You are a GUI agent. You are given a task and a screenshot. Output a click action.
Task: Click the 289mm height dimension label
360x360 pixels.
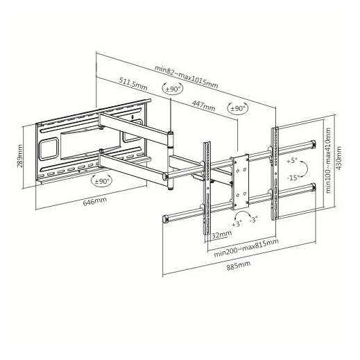tap(20, 156)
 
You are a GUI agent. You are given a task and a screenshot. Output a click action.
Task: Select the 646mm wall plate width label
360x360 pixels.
tap(95, 201)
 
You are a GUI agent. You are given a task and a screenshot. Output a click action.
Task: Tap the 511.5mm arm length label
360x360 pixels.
tap(133, 83)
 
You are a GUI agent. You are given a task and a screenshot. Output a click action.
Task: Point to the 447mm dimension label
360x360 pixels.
tap(203, 105)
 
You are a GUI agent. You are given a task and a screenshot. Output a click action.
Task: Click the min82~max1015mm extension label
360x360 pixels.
tap(187, 77)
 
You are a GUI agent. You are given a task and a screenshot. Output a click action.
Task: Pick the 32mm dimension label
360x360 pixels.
tap(222, 234)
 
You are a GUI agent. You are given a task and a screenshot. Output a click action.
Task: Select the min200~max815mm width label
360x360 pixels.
tap(246, 248)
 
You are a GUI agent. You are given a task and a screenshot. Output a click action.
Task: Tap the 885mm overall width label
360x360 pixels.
tap(239, 266)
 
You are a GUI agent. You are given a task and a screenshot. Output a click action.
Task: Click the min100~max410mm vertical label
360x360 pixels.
tap(328, 160)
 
